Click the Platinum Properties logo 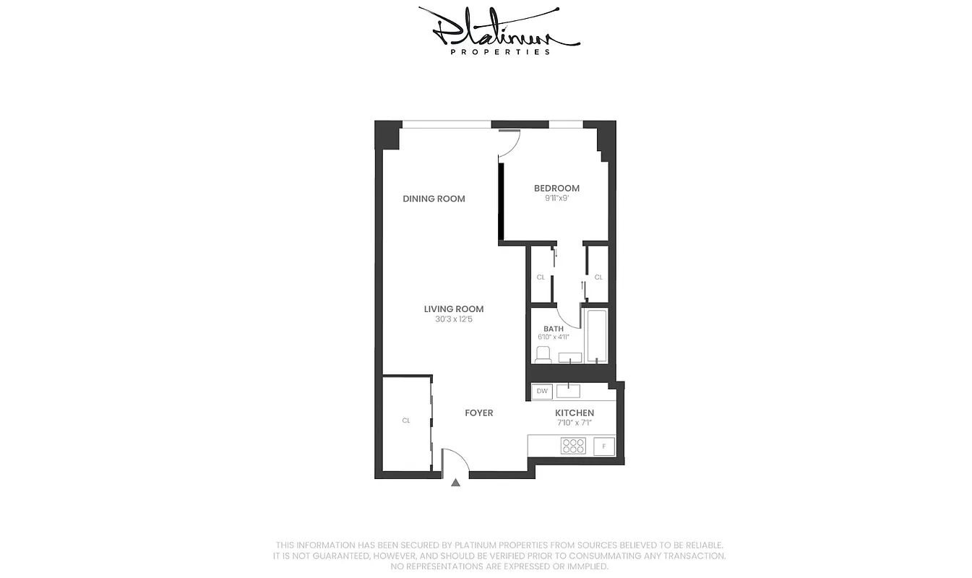(x=499, y=30)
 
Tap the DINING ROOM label (x=434, y=199)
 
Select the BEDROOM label (x=556, y=189)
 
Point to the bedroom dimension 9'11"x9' (x=556, y=198)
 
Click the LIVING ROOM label (x=454, y=309)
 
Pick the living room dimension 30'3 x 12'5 (x=454, y=319)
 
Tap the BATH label (x=554, y=329)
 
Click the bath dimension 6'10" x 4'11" (x=554, y=337)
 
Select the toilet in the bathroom (x=543, y=354)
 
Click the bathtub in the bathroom (x=597, y=335)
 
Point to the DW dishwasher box (x=541, y=392)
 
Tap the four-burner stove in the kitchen (x=573, y=446)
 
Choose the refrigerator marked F (x=603, y=447)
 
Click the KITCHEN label (x=575, y=413)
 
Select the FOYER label (x=478, y=413)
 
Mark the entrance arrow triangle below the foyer (x=455, y=483)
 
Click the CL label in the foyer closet (x=406, y=420)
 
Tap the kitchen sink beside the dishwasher (x=568, y=391)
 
